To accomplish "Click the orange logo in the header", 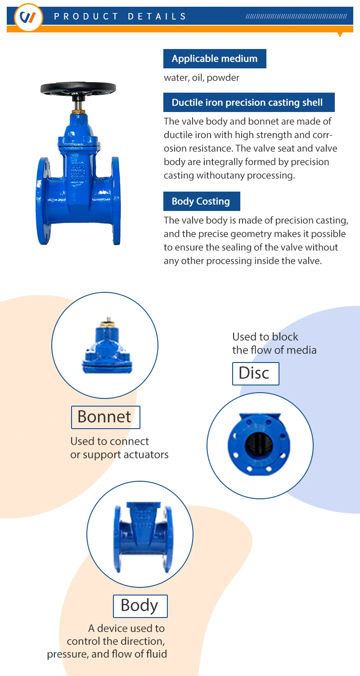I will click(x=28, y=18).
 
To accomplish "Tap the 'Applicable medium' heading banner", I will click(x=215, y=58).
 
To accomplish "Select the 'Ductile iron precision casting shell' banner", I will click(x=249, y=103).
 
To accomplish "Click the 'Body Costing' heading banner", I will click(x=201, y=201).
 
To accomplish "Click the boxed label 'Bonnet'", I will click(x=105, y=417).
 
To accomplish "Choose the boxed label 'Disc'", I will click(x=255, y=373).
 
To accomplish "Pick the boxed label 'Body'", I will click(x=140, y=606).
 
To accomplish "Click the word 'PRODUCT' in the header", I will click(x=86, y=17).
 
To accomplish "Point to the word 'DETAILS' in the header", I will click(x=157, y=17).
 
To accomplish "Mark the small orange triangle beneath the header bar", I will click(x=340, y=34).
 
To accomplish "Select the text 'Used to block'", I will click(x=265, y=336).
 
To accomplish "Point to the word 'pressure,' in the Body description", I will click(x=67, y=654).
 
